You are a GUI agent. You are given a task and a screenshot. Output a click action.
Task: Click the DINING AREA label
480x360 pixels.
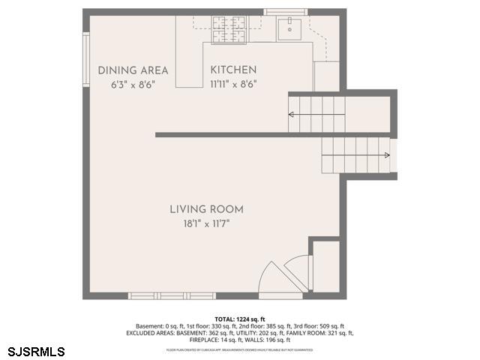tap(133, 70)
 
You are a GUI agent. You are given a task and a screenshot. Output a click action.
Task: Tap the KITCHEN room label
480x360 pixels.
tap(233, 70)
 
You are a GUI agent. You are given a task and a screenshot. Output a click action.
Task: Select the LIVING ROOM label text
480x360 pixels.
tap(206, 209)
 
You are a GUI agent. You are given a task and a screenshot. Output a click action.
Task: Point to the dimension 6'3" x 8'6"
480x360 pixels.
tap(133, 85)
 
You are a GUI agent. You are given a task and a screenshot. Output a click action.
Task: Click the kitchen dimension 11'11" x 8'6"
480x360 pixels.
tap(233, 85)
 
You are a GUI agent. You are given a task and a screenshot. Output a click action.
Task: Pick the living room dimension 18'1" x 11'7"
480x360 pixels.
tap(205, 223)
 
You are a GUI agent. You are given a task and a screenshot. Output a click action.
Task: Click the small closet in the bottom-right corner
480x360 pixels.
tap(324, 265)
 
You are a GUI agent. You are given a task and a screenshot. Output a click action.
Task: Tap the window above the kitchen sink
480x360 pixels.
tap(286, 12)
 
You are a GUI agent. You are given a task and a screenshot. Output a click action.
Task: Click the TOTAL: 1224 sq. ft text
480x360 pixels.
tap(240, 319)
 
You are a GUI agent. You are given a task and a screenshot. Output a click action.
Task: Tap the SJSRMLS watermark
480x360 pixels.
tap(36, 351)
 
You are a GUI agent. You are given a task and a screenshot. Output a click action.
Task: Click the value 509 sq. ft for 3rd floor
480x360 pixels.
tap(331, 326)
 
